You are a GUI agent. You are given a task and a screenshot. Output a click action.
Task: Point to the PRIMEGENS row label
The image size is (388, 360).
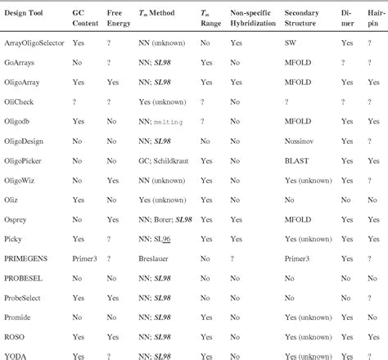tap(27, 258)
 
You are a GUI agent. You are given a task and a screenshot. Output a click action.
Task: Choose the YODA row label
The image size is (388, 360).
tap(16, 356)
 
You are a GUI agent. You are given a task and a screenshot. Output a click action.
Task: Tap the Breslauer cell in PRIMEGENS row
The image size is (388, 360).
tap(156, 258)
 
